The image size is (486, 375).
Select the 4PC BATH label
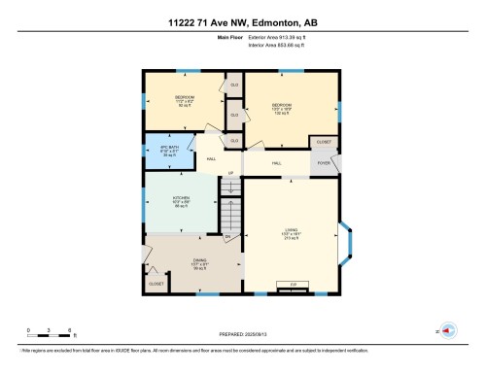pyautogui.click(x=170, y=151)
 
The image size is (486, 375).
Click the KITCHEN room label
pyautogui.click(x=181, y=201)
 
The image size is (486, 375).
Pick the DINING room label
pyautogui.click(x=199, y=263)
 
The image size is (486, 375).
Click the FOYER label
pyautogui.click(x=325, y=164)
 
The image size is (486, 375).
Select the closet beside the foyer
pyautogui.click(x=325, y=142)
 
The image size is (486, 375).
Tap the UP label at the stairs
pyautogui.click(x=230, y=174)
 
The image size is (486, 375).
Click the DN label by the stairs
pyautogui.click(x=226, y=237)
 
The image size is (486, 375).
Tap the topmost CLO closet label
pyautogui.click(x=233, y=85)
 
